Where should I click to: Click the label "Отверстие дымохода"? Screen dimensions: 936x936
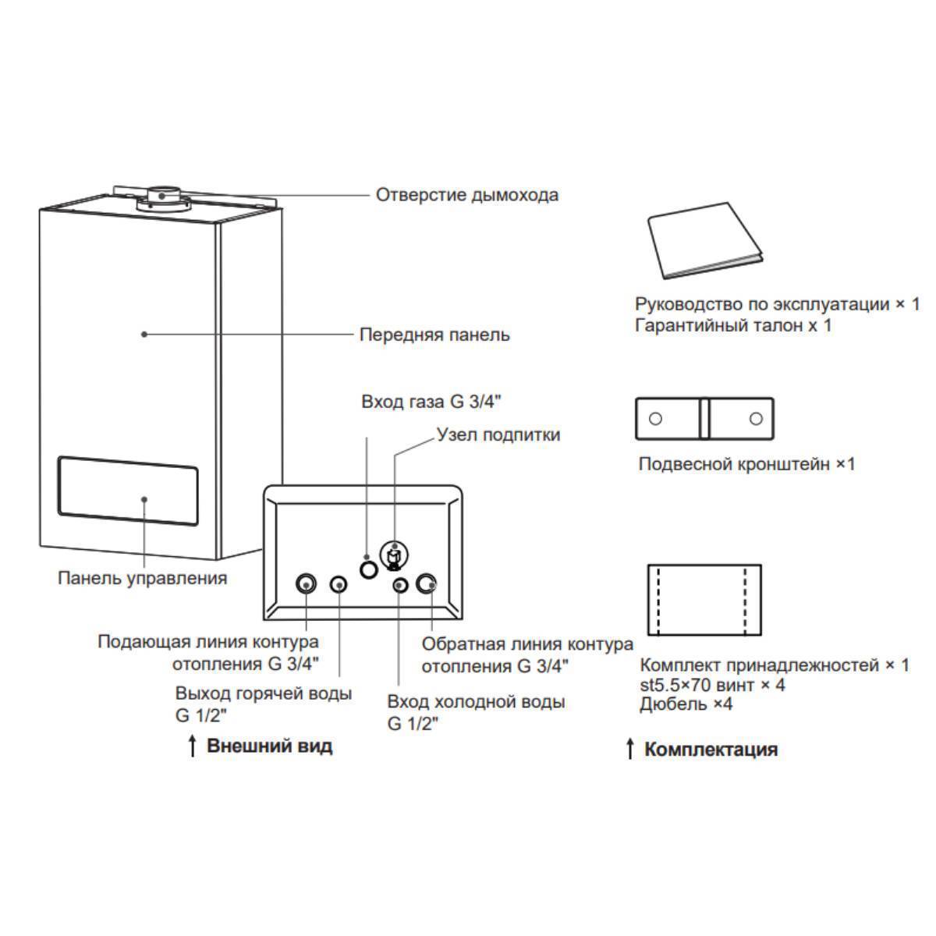tap(466, 194)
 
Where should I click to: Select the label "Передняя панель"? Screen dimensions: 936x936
tap(434, 335)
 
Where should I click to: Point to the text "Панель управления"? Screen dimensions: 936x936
tap(142, 578)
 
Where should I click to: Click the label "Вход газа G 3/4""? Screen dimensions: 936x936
tap(431, 402)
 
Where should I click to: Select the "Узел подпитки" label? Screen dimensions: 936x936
tap(498, 434)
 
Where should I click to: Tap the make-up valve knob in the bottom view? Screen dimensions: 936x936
tap(395, 556)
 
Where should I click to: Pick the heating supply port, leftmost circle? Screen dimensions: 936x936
tap(306, 583)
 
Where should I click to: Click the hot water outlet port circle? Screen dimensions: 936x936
tap(339, 584)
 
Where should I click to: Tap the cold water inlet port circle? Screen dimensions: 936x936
tap(399, 585)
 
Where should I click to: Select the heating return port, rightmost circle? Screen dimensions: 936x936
tap(427, 584)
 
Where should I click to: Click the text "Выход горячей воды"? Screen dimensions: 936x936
tap(263, 693)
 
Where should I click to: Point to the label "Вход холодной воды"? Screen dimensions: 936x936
tap(476, 701)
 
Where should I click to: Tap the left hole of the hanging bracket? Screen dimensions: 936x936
tap(656, 419)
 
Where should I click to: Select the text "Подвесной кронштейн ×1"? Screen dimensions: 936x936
tap(746, 464)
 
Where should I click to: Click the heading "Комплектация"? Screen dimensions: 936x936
tap(710, 750)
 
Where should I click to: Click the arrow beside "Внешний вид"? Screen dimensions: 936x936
tap(192, 746)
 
